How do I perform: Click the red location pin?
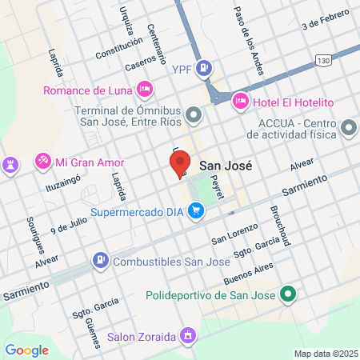[180, 162]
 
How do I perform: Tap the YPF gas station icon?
[205, 69]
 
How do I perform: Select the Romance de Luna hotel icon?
[144, 88]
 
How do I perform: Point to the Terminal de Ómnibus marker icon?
[193, 117]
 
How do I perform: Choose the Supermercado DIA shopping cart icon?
[195, 212]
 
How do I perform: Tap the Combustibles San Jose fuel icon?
[101, 260]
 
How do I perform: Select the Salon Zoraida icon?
[188, 335]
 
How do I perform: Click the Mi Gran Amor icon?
[42, 162]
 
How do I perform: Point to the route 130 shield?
[323, 61]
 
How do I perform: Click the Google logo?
[26, 350]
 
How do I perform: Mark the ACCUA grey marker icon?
[348, 128]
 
